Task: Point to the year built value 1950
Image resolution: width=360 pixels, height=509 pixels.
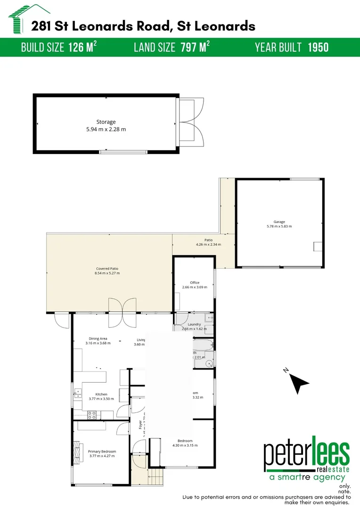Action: [x=318, y=47]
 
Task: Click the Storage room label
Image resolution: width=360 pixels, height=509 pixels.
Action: [x=106, y=122]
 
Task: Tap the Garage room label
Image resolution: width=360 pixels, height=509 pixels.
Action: [x=279, y=222]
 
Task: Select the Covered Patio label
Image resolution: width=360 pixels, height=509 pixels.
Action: [x=107, y=269]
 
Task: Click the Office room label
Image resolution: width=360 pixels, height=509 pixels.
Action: [x=195, y=283]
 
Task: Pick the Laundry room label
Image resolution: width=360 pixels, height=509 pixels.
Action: [x=194, y=324]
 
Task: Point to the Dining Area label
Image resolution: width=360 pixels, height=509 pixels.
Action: [x=98, y=338]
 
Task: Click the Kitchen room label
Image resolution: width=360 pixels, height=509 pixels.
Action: [x=101, y=394]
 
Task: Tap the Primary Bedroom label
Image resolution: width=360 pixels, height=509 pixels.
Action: [x=102, y=451]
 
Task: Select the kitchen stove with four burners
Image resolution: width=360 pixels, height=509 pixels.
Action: [x=92, y=415]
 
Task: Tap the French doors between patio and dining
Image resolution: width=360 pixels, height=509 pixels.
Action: [x=123, y=312]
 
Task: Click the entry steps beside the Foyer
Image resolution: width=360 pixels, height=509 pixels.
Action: [x=155, y=477]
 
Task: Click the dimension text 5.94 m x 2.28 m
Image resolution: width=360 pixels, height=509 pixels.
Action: [x=106, y=129]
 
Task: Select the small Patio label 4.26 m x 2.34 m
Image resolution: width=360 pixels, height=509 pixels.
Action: [x=209, y=245]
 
